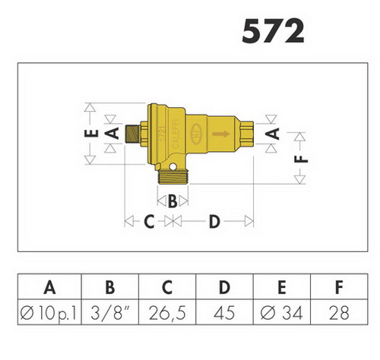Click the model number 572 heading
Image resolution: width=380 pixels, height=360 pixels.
(x=273, y=31)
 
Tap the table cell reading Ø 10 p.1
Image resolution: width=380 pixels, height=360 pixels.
(x=49, y=313)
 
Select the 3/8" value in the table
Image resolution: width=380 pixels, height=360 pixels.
(x=110, y=312)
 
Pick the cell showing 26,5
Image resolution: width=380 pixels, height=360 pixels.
(x=167, y=313)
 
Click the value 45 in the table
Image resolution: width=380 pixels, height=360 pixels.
(x=224, y=313)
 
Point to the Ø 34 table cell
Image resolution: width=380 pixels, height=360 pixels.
(x=281, y=313)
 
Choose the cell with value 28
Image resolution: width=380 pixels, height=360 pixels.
(x=339, y=313)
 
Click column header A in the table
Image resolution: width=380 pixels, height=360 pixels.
(x=49, y=287)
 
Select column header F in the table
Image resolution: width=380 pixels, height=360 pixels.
(x=339, y=287)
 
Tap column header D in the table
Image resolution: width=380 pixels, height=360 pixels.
(x=224, y=287)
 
